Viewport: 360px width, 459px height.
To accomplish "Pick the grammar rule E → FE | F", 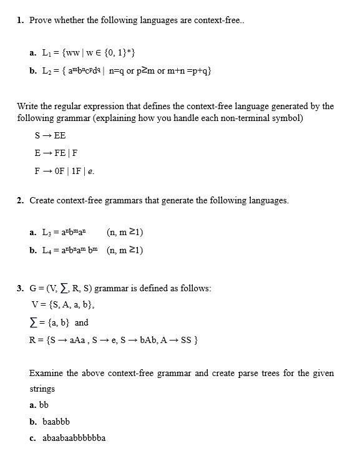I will pyautogui.click(x=56, y=153).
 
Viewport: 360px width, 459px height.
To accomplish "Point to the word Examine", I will pyautogui.click(x=46, y=373).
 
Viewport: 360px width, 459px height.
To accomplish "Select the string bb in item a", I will pyautogui.click(x=44, y=405).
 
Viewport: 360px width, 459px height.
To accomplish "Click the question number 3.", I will pyautogui.click(x=21, y=289).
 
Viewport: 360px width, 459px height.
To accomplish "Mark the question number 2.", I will pyautogui.click(x=21, y=201).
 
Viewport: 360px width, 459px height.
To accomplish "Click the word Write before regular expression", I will pyautogui.click(x=29, y=106).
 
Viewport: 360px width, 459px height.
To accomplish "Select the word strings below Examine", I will pyautogui.click(x=42, y=389).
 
